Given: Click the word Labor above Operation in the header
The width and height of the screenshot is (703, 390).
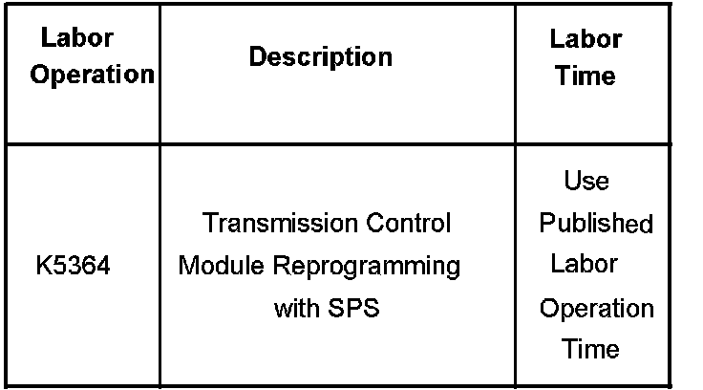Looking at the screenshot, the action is click(x=77, y=39).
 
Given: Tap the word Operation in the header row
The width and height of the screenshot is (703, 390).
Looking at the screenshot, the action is click(x=92, y=75).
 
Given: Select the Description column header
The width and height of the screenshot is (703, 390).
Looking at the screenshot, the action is click(x=320, y=57).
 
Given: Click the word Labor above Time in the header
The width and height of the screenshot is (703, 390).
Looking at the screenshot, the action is click(x=586, y=39).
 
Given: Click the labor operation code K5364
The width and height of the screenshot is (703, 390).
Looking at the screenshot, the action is click(x=73, y=266).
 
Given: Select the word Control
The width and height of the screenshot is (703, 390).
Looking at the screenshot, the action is click(x=408, y=224).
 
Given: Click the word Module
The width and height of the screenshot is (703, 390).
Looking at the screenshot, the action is click(x=215, y=266).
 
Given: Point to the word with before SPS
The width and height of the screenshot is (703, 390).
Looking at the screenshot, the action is click(x=295, y=309).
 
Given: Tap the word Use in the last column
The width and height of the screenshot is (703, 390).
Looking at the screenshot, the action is click(x=586, y=181).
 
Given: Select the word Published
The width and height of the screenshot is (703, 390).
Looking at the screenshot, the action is click(x=596, y=224).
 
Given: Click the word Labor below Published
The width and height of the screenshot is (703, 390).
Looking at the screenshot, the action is click(x=584, y=264).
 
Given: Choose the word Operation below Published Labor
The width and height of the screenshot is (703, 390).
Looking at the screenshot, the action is click(x=597, y=309).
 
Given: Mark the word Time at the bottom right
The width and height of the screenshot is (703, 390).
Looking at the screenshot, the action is click(x=590, y=348).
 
